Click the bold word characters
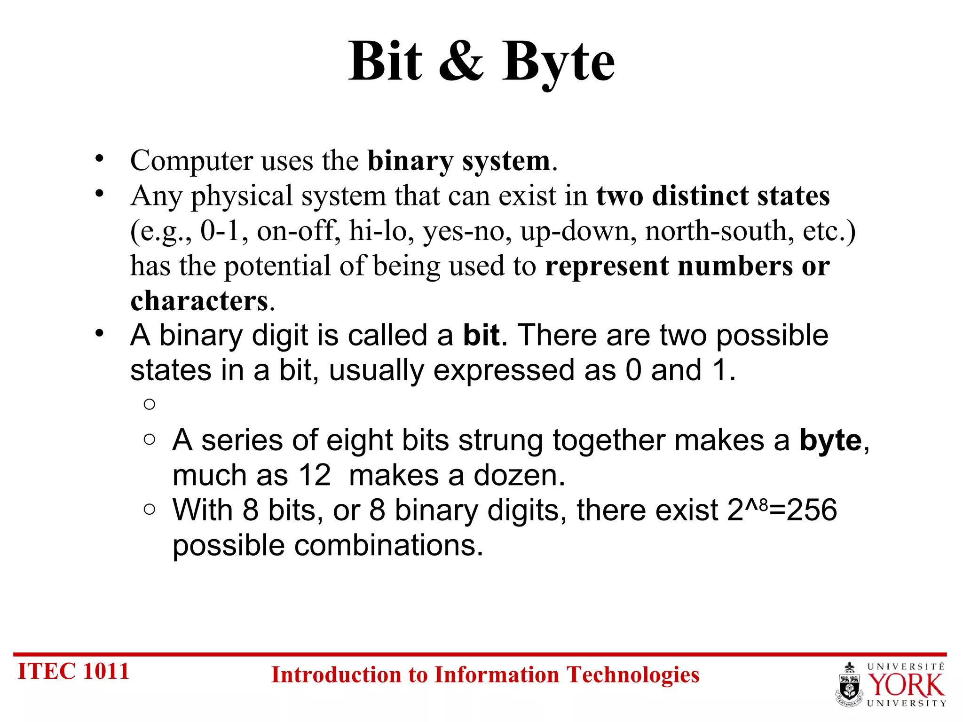click(x=199, y=301)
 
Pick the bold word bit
click(x=481, y=336)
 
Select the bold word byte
click(x=830, y=441)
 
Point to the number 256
click(x=812, y=510)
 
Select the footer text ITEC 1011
click(x=73, y=671)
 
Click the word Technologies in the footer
click(x=632, y=675)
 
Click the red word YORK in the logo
click(x=906, y=685)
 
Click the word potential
click(x=277, y=266)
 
